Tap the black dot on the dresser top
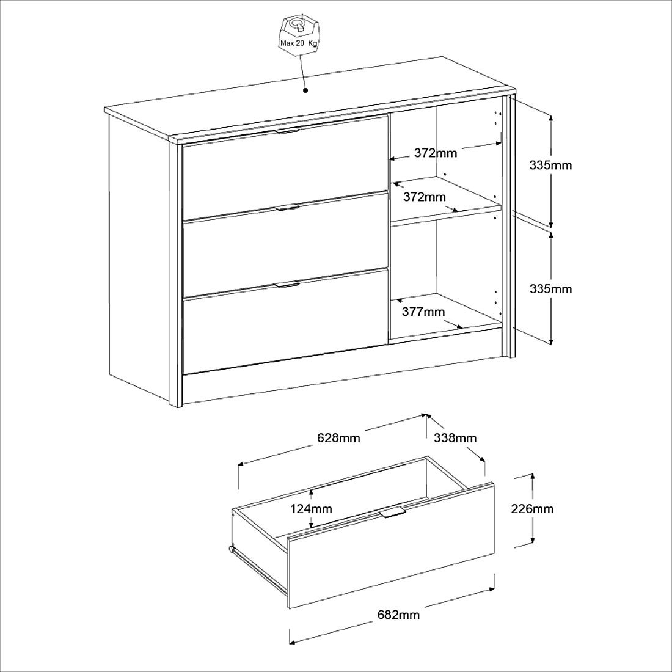click(305, 90)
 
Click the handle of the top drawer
click(288, 131)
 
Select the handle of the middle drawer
click(287, 208)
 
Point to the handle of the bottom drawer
click(287, 285)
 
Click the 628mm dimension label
click(338, 438)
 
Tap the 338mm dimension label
click(455, 438)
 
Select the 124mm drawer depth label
click(311, 509)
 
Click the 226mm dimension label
click(532, 509)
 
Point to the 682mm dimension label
click(398, 615)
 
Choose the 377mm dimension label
click(423, 312)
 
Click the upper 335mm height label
click(550, 165)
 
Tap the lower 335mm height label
click(550, 289)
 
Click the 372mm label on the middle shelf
click(425, 197)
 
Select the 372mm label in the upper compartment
click(436, 153)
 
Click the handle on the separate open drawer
click(393, 512)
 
